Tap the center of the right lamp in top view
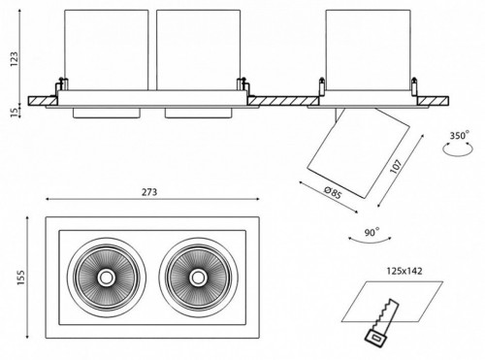pos(198,277)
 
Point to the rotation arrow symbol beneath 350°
pos(454,148)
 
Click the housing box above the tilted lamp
pos(366,49)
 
